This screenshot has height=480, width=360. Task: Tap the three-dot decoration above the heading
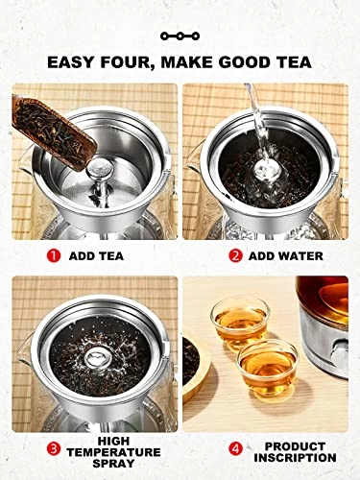pyautogui.click(x=179, y=36)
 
